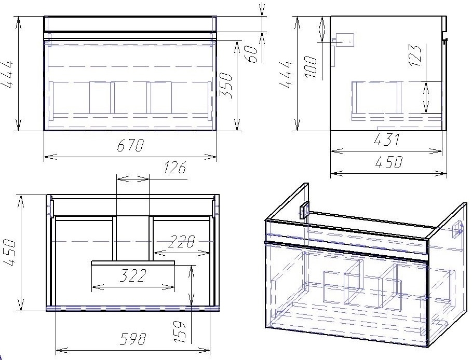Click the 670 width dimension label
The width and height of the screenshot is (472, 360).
(130, 145)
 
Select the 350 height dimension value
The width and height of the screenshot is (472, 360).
(226, 86)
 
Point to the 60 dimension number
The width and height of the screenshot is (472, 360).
(251, 54)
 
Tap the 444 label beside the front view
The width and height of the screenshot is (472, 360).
(7, 74)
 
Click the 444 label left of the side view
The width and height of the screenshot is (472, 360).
(286, 74)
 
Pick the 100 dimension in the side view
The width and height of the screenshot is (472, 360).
(311, 67)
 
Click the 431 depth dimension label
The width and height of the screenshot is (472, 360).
(387, 139)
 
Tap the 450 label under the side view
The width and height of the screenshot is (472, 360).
(388, 162)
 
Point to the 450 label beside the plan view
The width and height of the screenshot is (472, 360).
(9, 253)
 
